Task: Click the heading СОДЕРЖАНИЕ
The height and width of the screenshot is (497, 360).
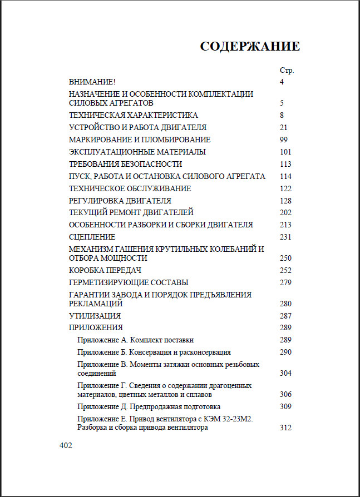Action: coord(250,47)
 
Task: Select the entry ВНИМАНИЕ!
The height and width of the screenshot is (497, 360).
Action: coord(92,82)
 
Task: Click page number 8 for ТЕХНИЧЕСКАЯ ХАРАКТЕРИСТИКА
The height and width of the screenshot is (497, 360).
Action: coord(282,115)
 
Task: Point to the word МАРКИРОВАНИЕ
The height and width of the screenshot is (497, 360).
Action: coord(96,140)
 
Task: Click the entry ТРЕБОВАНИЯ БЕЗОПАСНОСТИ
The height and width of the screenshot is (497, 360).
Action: coord(125,164)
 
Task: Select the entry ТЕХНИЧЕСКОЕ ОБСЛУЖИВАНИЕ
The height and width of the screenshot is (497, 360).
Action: coord(130,188)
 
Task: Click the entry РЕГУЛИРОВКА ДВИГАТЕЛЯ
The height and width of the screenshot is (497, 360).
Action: coord(120,201)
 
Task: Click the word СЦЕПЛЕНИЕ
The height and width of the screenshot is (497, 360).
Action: coord(92,237)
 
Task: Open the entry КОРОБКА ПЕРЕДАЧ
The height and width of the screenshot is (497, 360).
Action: coord(105,270)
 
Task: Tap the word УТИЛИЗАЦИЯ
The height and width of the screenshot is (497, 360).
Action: coord(95,316)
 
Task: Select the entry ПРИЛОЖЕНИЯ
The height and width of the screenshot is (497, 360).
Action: coord(96,327)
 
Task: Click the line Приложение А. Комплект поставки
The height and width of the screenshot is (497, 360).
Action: coord(136,340)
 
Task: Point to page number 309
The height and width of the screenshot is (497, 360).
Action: coord(286,406)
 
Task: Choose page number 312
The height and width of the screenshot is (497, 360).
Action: coord(286,428)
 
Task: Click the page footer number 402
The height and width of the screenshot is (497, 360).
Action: coord(66,445)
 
